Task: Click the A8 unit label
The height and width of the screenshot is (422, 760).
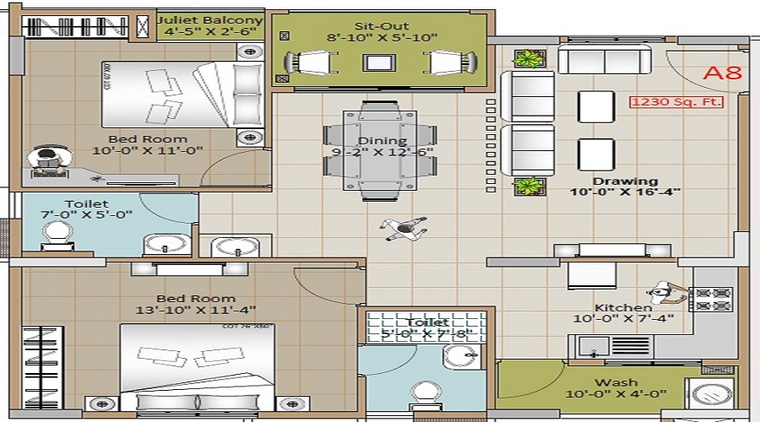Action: pyautogui.click(x=722, y=72)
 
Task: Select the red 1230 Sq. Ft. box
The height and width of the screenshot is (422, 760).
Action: pyautogui.click(x=676, y=103)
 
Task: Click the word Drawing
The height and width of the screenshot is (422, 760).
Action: pyautogui.click(x=625, y=181)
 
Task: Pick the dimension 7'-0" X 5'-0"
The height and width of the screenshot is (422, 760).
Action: pyautogui.click(x=86, y=215)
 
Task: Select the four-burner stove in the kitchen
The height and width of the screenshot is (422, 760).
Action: pyautogui.click(x=712, y=298)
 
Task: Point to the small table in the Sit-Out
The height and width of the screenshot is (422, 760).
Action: pyautogui.click(x=377, y=62)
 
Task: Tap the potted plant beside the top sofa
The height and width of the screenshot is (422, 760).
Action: pyautogui.click(x=529, y=59)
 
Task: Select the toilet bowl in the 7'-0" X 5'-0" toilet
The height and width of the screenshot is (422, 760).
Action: pyautogui.click(x=56, y=233)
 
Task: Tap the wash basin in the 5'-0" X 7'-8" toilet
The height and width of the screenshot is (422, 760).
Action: pyautogui.click(x=457, y=357)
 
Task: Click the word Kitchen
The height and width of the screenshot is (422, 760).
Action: pyautogui.click(x=623, y=308)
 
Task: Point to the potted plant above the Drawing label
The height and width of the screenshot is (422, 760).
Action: pyautogui.click(x=529, y=186)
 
